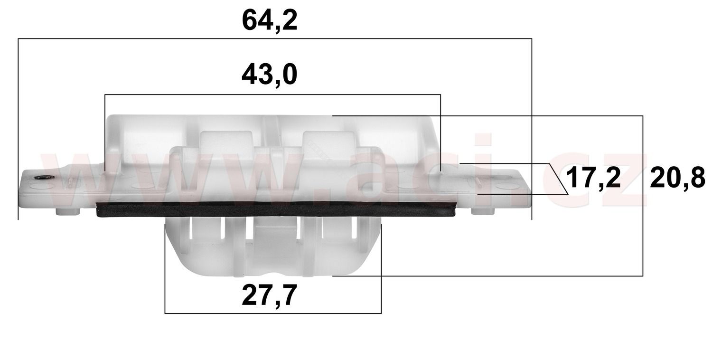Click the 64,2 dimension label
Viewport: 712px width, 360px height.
click(x=270, y=21)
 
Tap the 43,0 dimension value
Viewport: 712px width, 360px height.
click(x=270, y=75)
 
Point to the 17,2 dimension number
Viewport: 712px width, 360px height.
click(x=593, y=178)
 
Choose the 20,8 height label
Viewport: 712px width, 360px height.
click(x=677, y=178)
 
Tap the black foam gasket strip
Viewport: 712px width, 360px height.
click(x=275, y=209)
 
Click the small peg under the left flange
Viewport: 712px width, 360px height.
click(x=68, y=211)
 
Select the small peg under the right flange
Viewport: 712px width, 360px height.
click(x=483, y=211)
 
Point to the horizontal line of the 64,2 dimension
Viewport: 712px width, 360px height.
click(x=275, y=38)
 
